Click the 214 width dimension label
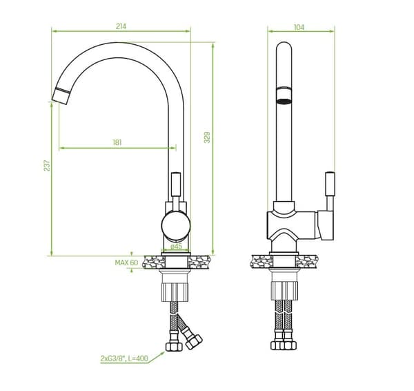point(121,26)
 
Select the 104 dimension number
point(299,27)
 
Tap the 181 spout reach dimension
point(117,142)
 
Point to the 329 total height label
point(207,137)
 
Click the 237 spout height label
point(47,166)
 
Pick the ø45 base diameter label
point(176,246)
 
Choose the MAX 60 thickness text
point(126,263)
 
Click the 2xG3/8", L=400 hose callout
point(124,359)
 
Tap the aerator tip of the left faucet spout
point(61,96)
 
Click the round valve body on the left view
point(176,226)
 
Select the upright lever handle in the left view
point(176,184)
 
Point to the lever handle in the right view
point(330,184)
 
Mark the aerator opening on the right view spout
point(284,101)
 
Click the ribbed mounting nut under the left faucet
point(175,292)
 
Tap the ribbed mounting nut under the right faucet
point(284,291)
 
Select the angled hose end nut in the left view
point(194,342)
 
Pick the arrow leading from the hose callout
point(156,357)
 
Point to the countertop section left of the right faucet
point(261,261)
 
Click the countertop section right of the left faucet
point(199,262)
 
